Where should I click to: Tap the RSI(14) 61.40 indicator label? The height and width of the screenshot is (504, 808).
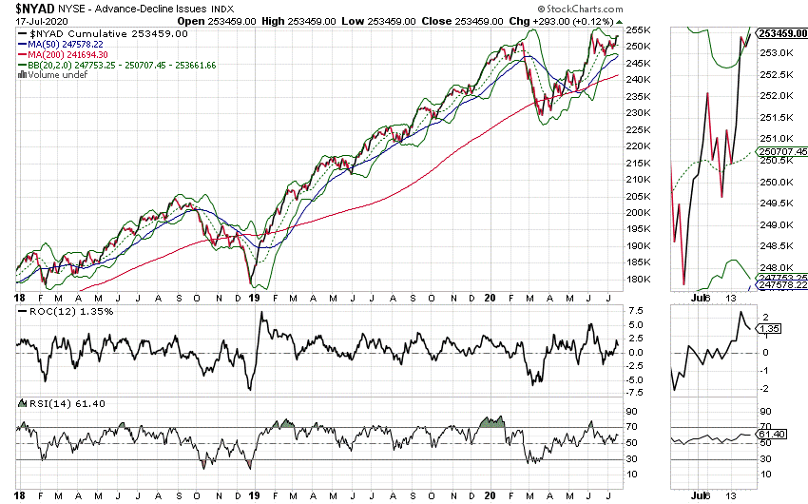point(48,403)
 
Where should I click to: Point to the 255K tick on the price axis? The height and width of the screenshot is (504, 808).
point(639,29)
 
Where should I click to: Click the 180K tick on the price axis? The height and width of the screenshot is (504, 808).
point(639,280)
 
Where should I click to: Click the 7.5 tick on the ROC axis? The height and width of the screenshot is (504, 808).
point(635,311)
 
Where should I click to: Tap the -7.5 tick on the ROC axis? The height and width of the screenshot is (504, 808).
point(637,393)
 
